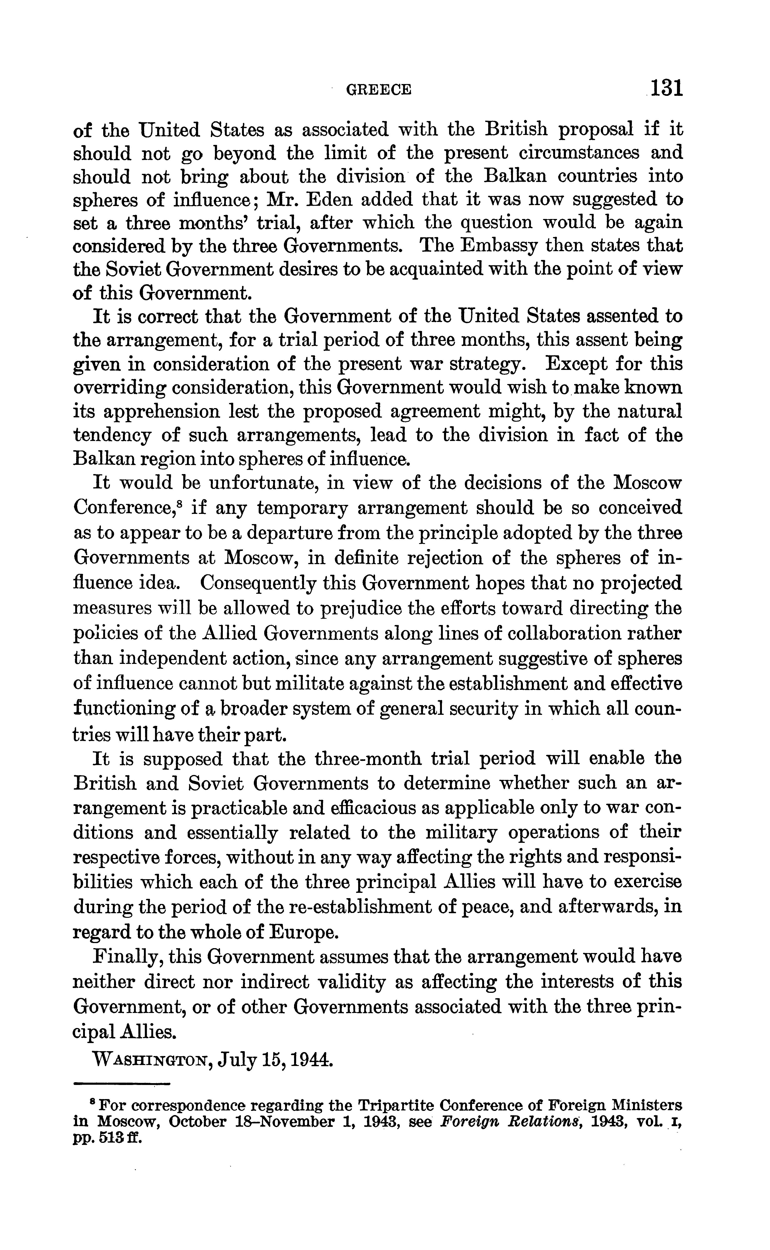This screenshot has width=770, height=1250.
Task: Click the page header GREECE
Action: [x=378, y=90]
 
